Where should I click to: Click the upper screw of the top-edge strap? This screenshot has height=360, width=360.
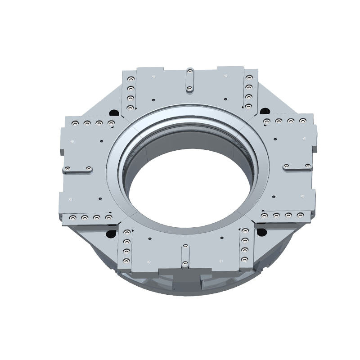pyautogui.click(x=190, y=72)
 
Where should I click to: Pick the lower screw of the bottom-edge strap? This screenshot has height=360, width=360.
pyautogui.click(x=184, y=263)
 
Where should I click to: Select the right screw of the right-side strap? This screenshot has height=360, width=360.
pyautogui.click(x=307, y=166)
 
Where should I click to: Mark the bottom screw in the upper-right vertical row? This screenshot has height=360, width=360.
pyautogui.click(x=249, y=106)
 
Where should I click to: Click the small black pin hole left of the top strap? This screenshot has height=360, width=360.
pyautogui.click(x=154, y=99)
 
